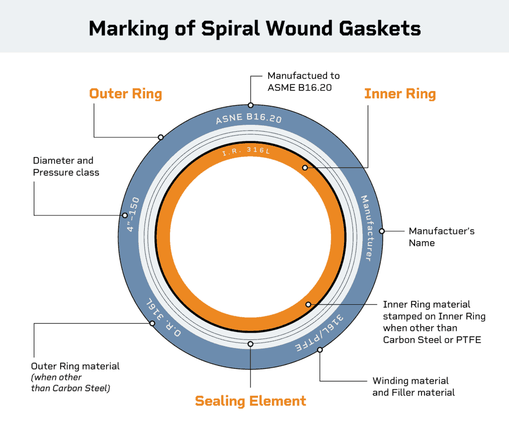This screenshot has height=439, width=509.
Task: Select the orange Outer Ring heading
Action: click(125, 93)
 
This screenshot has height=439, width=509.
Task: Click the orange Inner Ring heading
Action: click(400, 93)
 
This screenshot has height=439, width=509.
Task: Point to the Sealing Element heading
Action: click(251, 401)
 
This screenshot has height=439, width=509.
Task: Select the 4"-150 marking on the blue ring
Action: click(133, 214)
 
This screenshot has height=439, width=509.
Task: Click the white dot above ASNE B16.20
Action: click(251, 105)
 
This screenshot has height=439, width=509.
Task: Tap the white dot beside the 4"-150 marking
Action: click(124, 216)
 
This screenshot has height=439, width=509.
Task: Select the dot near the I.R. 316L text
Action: click(305, 168)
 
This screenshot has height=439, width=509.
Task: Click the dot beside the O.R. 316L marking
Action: click(152, 324)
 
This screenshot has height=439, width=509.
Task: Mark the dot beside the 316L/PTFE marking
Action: click(320, 350)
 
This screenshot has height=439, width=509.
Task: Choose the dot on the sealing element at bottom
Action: click(251, 344)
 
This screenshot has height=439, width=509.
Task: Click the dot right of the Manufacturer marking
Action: click(382, 231)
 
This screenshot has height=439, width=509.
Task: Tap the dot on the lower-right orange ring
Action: click(308, 304)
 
